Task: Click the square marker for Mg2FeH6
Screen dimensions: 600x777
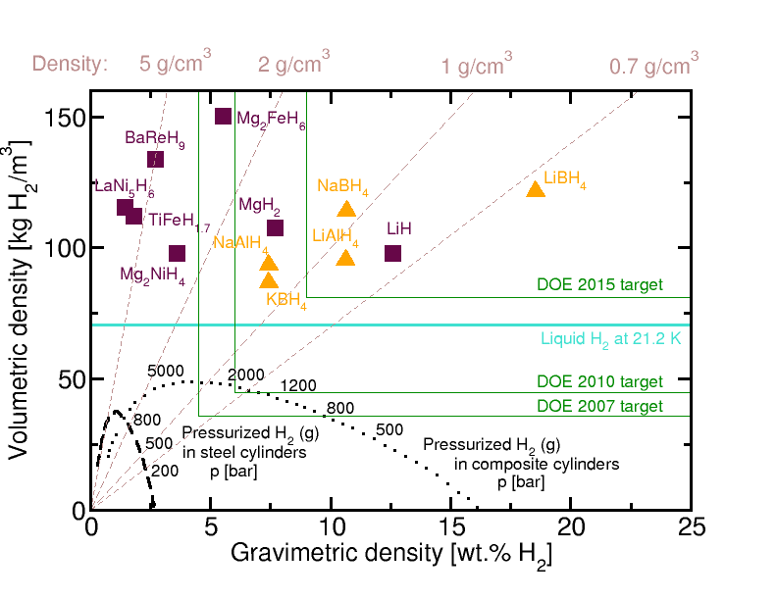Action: click(223, 117)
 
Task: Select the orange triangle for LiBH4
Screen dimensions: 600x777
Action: click(536, 189)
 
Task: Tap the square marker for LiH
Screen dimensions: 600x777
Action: click(393, 253)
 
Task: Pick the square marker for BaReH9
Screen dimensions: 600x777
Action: click(155, 159)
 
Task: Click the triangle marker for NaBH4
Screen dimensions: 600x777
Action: click(346, 209)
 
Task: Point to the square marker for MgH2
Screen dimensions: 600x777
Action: click(275, 228)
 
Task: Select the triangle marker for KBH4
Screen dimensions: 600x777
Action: click(269, 281)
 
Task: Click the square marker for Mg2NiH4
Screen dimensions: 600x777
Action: click(178, 253)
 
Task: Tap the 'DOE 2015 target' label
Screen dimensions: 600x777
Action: click(599, 285)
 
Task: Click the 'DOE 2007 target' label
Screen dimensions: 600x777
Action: click(599, 406)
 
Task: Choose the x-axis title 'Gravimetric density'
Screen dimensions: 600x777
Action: click(390, 554)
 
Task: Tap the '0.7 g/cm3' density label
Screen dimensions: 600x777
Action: click(653, 66)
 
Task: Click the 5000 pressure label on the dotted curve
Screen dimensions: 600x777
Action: click(165, 371)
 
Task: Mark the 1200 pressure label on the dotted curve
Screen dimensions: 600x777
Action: click(298, 385)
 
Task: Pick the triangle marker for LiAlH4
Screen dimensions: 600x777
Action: click(345, 258)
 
